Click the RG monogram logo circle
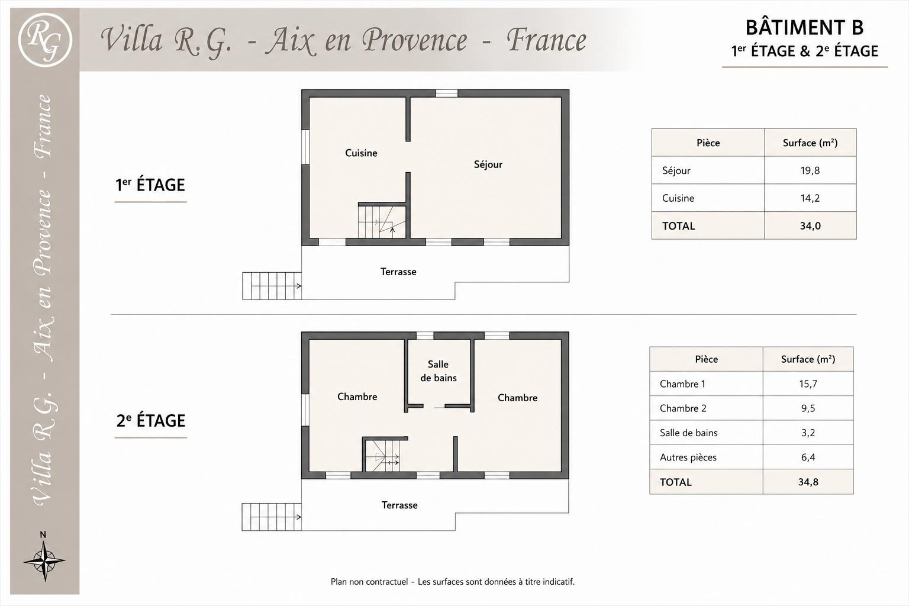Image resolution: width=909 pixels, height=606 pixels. click(x=45, y=40)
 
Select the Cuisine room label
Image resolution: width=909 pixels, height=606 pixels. click(x=361, y=153)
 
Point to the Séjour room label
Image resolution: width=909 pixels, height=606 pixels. click(x=488, y=165)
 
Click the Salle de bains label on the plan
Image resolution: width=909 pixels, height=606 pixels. click(x=439, y=371)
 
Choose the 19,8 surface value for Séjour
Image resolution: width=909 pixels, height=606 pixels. click(x=810, y=170)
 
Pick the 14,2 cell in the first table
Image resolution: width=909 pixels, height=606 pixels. click(x=810, y=198)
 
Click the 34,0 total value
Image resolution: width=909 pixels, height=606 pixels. click(x=810, y=225)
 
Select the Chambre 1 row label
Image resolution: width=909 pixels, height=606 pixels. click(x=682, y=383)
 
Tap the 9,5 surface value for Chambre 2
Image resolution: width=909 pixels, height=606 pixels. click(x=808, y=408)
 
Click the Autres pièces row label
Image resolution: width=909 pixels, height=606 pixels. click(x=688, y=457)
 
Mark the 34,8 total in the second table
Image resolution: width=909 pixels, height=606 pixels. click(x=808, y=482)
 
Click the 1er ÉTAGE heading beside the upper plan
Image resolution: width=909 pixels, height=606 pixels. click(x=150, y=185)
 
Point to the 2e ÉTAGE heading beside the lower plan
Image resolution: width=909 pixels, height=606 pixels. click(x=150, y=421)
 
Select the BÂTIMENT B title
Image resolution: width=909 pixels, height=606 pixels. click(x=805, y=27)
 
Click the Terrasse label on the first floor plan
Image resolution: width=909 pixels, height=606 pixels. click(x=398, y=272)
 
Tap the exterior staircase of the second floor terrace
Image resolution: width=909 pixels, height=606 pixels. click(x=272, y=517)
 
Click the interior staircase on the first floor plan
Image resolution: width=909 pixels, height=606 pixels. click(x=382, y=221)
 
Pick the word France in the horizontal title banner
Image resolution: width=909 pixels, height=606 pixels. click(x=546, y=40)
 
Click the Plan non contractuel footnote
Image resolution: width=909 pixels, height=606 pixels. click(x=453, y=582)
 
